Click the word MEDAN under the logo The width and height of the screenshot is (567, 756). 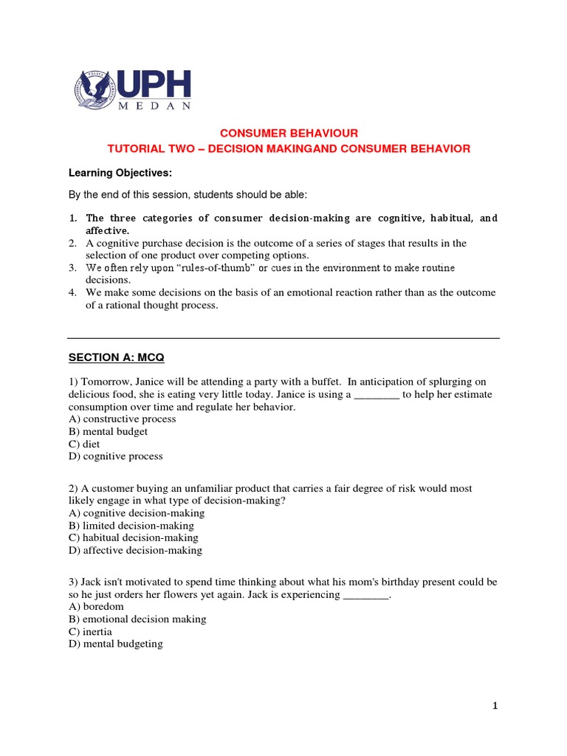point(156,106)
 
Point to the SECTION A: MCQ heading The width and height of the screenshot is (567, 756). point(117,357)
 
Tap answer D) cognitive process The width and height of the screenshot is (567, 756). point(116,457)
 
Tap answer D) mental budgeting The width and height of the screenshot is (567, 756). point(116,645)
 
